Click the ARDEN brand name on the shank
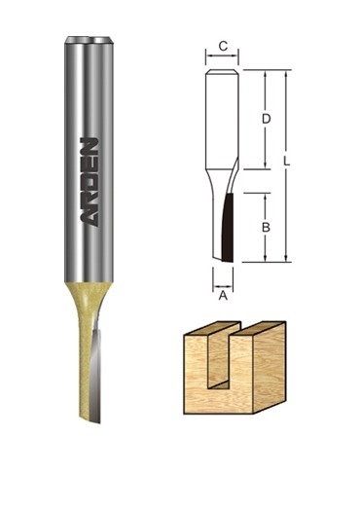tap(90, 182)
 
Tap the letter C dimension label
tap(223, 47)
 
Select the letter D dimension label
tap(266, 119)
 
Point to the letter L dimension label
tap(287, 162)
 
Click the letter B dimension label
tap(266, 228)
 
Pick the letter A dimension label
tap(223, 295)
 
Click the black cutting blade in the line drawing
tap(228, 228)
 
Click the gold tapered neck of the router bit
tap(89, 306)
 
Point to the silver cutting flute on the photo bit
tap(96, 374)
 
